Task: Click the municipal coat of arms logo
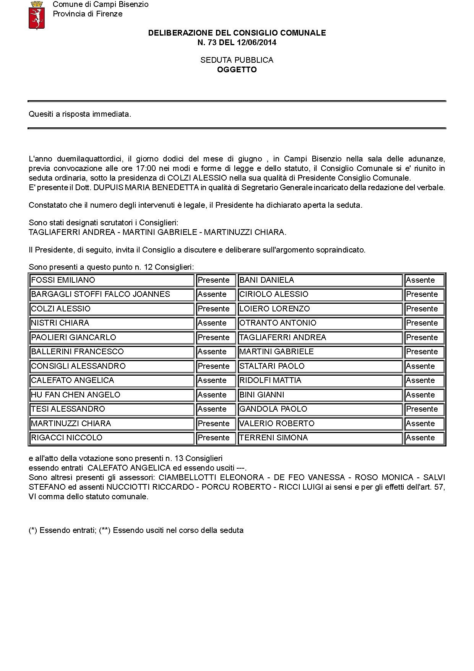pos(37,15)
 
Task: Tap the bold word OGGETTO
pos(237,70)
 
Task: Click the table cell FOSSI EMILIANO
pos(112,280)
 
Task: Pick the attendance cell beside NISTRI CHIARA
pos(216,323)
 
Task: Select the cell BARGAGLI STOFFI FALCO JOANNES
pos(112,294)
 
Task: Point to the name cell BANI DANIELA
pos(320,280)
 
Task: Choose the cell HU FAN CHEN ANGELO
pos(112,395)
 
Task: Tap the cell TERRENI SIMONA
pos(320,438)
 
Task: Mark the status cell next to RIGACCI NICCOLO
pos(216,438)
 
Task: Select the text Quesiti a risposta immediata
pos(80,114)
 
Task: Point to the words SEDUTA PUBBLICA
pos(237,60)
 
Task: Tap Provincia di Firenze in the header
pos(88,14)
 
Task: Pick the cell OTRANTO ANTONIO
pos(320,323)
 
